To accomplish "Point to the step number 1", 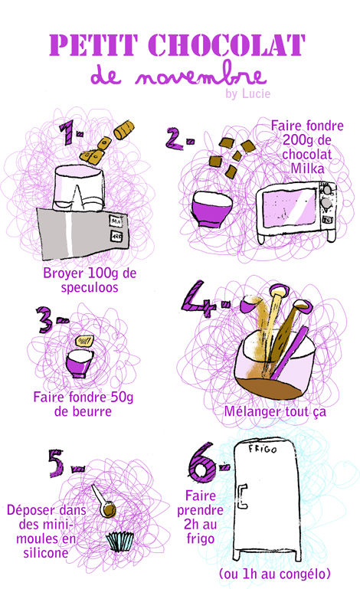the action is pos(68,133).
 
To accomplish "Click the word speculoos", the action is pos(90,288).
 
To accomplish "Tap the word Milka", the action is pos(307,169).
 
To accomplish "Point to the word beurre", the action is pos(83,411).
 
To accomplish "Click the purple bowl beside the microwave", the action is pos(211,209).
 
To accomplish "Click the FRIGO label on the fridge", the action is pos(263,449).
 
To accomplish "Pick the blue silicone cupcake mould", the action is pos(120,541).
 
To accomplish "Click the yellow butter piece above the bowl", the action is pos(84,340).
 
